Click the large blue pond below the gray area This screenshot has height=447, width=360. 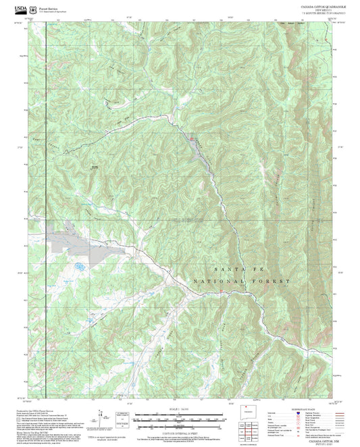tap(80, 267)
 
